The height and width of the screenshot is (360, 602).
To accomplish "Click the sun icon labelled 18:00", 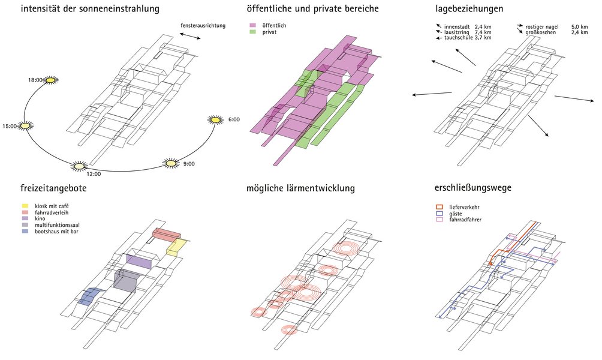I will [51, 80].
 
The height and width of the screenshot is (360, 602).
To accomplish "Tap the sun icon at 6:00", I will [216, 120].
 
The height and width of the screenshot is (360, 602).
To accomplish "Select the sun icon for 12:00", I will [79, 166].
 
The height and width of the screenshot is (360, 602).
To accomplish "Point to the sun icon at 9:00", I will [171, 163].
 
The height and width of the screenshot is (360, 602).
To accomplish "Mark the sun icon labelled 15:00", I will [26, 126].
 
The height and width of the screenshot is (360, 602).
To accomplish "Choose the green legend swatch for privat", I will [252, 32].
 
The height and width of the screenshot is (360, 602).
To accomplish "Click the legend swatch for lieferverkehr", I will [439, 207].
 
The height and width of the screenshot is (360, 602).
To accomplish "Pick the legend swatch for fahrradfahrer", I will [439, 220].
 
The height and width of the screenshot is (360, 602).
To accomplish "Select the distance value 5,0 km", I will [580, 27].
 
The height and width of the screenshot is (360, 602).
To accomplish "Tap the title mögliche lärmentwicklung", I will [300, 188].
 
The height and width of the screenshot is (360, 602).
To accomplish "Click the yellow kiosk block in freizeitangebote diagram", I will [177, 247].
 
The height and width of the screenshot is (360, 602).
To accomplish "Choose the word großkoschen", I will [541, 32].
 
